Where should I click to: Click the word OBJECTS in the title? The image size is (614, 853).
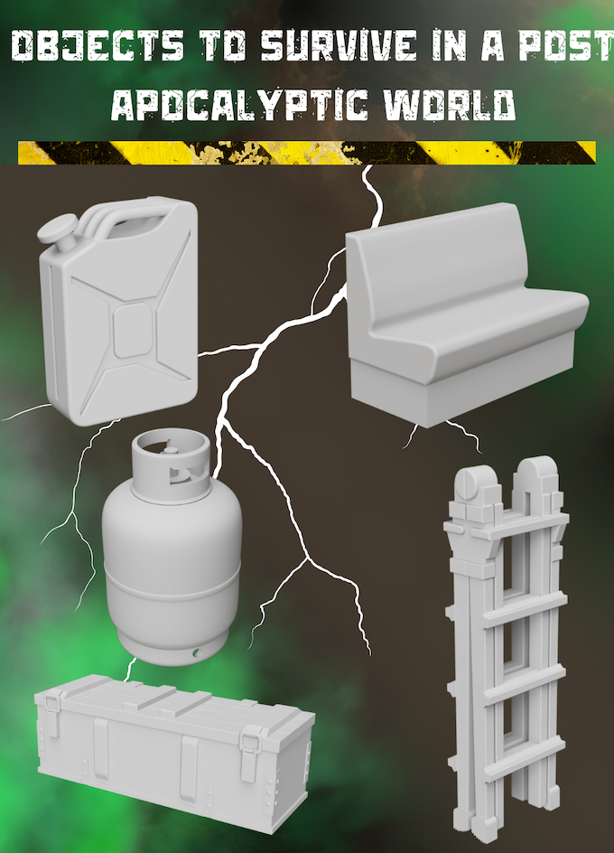point(98,45)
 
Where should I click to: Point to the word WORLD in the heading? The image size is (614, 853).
point(450,105)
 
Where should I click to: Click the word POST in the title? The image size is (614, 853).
point(565,45)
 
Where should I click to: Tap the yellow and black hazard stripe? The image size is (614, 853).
point(307,153)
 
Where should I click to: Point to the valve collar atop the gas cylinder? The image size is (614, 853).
point(171,464)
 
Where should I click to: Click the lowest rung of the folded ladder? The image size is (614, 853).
point(511,758)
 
